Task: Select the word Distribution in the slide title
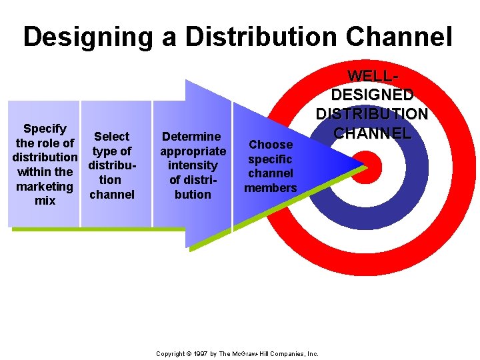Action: click(x=259, y=37)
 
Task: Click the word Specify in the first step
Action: click(x=45, y=128)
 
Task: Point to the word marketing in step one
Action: click(x=45, y=186)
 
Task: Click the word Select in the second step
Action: click(x=111, y=137)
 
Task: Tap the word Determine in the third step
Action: click(x=193, y=137)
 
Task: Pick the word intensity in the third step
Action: click(x=193, y=165)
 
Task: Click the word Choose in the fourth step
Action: click(x=271, y=145)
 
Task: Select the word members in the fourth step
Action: click(x=271, y=188)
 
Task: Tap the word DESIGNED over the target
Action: click(x=372, y=95)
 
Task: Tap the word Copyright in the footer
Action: click(x=169, y=353)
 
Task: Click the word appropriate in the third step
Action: click(x=193, y=151)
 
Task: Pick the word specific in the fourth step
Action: click(x=271, y=159)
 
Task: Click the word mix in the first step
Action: click(x=45, y=201)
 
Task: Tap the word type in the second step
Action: click(x=104, y=151)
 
